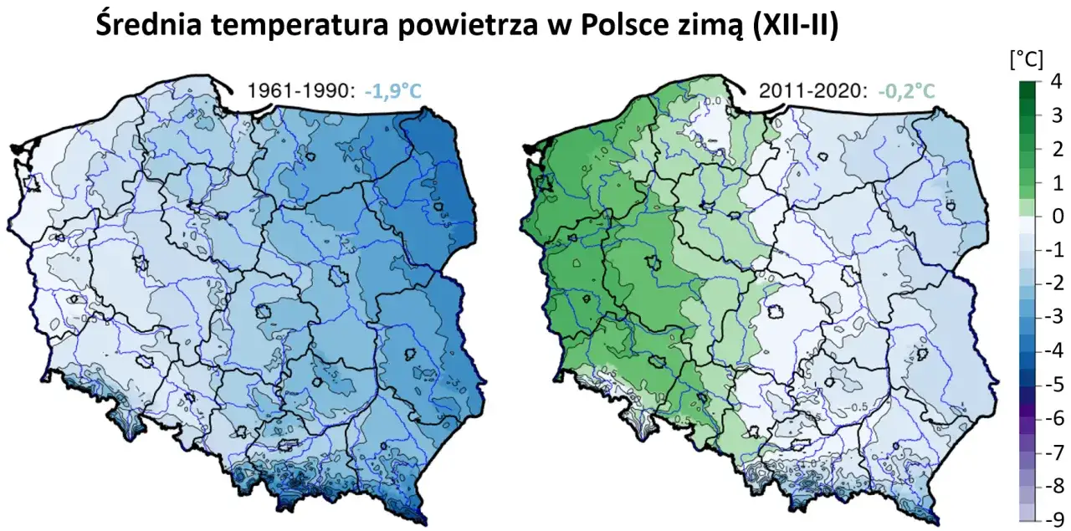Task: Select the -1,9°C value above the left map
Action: (x=392, y=90)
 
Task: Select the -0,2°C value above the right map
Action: (x=902, y=90)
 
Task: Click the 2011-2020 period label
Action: (x=812, y=90)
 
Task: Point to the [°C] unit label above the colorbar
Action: (x=1025, y=59)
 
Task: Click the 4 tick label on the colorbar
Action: (x=1055, y=80)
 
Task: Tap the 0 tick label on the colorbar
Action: (x=1055, y=216)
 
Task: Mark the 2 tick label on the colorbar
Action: (x=1055, y=148)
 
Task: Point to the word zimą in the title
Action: (x=694, y=25)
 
